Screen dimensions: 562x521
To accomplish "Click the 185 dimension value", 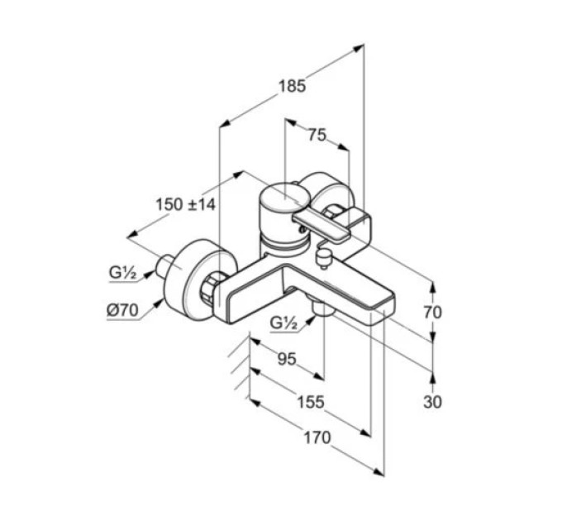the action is [x=292, y=86].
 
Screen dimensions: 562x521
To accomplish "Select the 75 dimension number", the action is [x=317, y=135].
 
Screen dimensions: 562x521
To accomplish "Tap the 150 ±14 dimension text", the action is [x=186, y=204].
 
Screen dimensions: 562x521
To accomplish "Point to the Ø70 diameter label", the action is [x=122, y=310].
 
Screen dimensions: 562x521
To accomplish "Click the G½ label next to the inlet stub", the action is [x=122, y=273].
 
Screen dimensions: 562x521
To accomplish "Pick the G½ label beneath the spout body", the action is [x=283, y=323].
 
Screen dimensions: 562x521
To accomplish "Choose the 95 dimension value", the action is [x=288, y=359].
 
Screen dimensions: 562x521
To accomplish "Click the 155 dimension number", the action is [x=311, y=402].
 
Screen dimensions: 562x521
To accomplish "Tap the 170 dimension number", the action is [x=317, y=437].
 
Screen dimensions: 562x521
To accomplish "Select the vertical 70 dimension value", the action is [x=432, y=313].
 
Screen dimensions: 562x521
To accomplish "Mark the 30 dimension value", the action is [x=432, y=402].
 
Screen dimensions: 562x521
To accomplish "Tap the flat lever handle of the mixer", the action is [x=321, y=226].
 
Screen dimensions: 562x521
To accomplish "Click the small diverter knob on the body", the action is [x=324, y=257].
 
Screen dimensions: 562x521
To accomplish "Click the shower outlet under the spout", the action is [x=321, y=308].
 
